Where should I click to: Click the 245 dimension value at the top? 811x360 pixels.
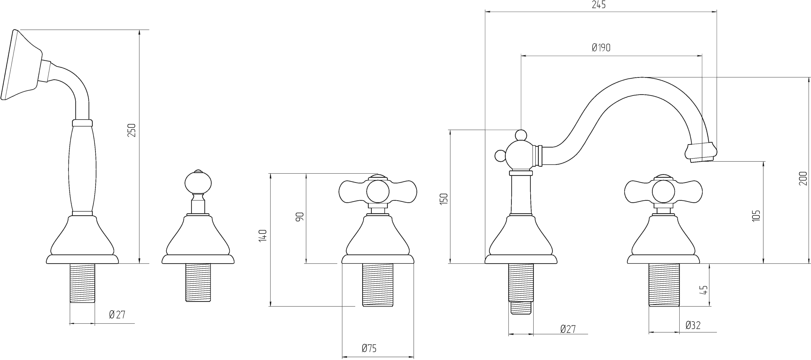pos(599,5)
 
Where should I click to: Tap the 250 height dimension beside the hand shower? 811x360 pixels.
pos(132,130)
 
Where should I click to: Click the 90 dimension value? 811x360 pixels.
pos(300,216)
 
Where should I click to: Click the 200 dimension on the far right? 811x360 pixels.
pos(803,178)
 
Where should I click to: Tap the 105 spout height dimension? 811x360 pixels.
pos(756,215)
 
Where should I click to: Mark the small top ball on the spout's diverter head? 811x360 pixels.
pos(521,135)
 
